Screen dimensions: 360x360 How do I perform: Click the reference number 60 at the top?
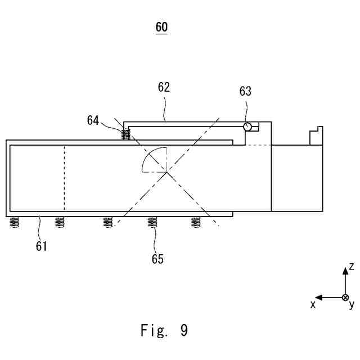point(161,27)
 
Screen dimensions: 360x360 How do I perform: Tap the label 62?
point(164,88)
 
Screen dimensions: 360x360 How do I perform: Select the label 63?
point(245,92)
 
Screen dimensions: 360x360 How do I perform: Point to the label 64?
point(93,120)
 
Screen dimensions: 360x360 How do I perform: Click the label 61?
point(42,245)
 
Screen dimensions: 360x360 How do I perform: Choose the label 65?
point(157,259)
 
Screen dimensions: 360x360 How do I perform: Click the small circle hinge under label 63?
point(247,127)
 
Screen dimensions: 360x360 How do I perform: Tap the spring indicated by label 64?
point(127,135)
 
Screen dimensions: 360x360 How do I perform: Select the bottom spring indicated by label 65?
point(152,222)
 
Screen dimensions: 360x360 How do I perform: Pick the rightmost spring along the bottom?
point(196,222)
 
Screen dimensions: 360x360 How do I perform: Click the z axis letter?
point(351,265)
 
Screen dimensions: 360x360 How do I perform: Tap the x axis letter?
point(313,304)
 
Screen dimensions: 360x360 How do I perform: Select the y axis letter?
point(352,305)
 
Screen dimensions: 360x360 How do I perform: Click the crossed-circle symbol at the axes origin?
point(345,297)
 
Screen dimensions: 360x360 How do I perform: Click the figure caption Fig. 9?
point(164,331)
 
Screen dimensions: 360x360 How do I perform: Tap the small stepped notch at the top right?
point(316,136)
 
